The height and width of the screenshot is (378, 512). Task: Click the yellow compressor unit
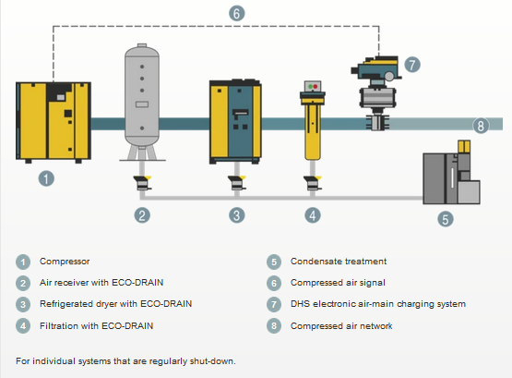tap(54, 122)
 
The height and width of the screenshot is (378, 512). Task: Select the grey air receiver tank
tap(142, 102)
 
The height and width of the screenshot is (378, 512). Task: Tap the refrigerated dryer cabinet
tap(235, 121)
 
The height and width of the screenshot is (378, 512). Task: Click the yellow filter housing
tap(313, 121)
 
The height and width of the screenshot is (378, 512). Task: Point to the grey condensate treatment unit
tap(452, 173)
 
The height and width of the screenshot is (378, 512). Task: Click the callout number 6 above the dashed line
tap(237, 14)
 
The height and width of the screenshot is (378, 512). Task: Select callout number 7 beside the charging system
tap(412, 65)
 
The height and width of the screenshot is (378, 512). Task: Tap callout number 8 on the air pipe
tap(481, 126)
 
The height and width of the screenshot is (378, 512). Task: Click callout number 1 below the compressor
tap(46, 178)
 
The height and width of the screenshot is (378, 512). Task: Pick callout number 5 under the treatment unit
tap(446, 219)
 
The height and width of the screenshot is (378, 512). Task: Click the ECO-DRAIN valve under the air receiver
tap(142, 183)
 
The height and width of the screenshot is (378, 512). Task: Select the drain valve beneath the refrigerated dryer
tap(237, 183)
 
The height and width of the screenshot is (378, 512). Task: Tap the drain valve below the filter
tap(313, 183)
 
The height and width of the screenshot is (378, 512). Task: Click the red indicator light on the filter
tap(316, 87)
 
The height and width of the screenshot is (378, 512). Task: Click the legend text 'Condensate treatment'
tap(339, 262)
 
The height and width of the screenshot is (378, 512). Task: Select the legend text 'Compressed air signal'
tap(338, 283)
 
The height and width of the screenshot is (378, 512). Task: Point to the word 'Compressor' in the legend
tap(65, 262)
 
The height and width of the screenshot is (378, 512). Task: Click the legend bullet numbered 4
tap(23, 326)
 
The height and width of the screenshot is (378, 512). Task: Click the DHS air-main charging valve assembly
tap(376, 92)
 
